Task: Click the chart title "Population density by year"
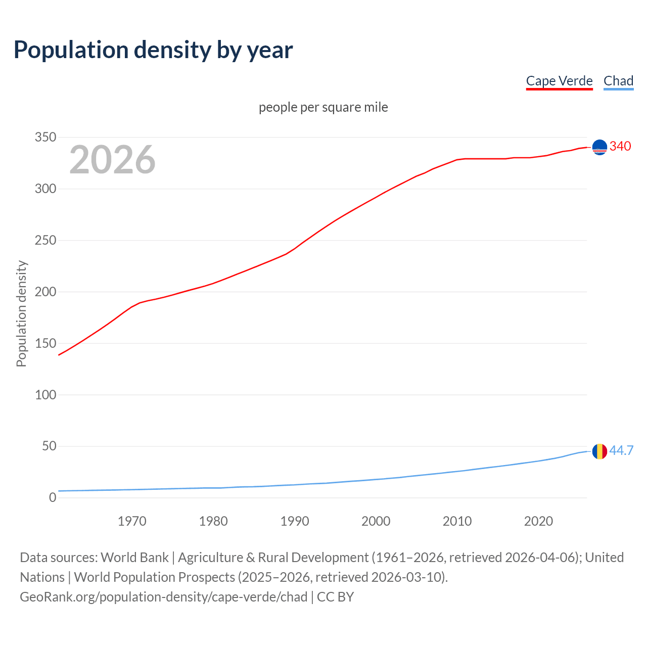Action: pyautogui.click(x=153, y=50)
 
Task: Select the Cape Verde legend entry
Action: pyautogui.click(x=559, y=81)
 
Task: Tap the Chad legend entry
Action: pyautogui.click(x=618, y=81)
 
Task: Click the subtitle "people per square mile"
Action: pyautogui.click(x=323, y=108)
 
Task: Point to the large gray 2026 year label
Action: pyautogui.click(x=112, y=160)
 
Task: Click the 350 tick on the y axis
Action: pyautogui.click(x=45, y=137)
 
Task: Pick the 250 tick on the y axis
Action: pyautogui.click(x=45, y=241)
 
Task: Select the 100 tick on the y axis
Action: pyautogui.click(x=45, y=395)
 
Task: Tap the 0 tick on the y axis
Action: pyautogui.click(x=53, y=498)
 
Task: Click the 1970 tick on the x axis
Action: pyautogui.click(x=132, y=521)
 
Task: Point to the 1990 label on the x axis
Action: pyautogui.click(x=295, y=521)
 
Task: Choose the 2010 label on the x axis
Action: pyautogui.click(x=457, y=521)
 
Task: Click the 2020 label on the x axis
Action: pyautogui.click(x=538, y=521)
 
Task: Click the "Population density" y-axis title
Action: pyautogui.click(x=21, y=313)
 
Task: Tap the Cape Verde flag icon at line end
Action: pyautogui.click(x=599, y=147)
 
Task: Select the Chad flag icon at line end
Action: pyautogui.click(x=599, y=451)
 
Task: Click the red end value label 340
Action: pyautogui.click(x=620, y=147)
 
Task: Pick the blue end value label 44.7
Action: pyautogui.click(x=621, y=450)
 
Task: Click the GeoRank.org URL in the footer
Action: pyautogui.click(x=163, y=597)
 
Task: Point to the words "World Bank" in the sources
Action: pyautogui.click(x=134, y=558)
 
